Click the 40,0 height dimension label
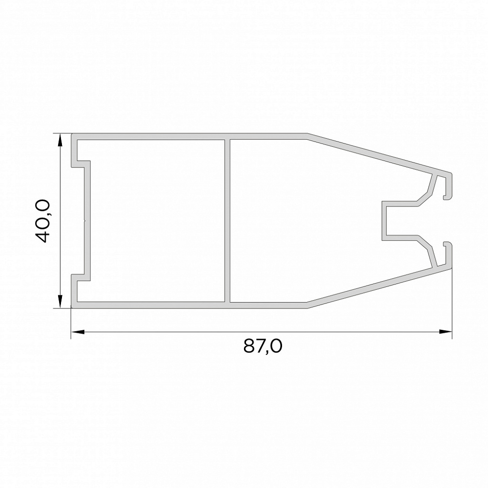(42, 221)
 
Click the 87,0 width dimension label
(263, 346)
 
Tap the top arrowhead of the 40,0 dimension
(60, 141)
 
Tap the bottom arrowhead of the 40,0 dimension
(60, 302)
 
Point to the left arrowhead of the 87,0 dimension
(78, 332)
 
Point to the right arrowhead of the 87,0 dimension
(446, 332)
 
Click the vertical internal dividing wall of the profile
(227, 221)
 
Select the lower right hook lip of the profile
(447, 255)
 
